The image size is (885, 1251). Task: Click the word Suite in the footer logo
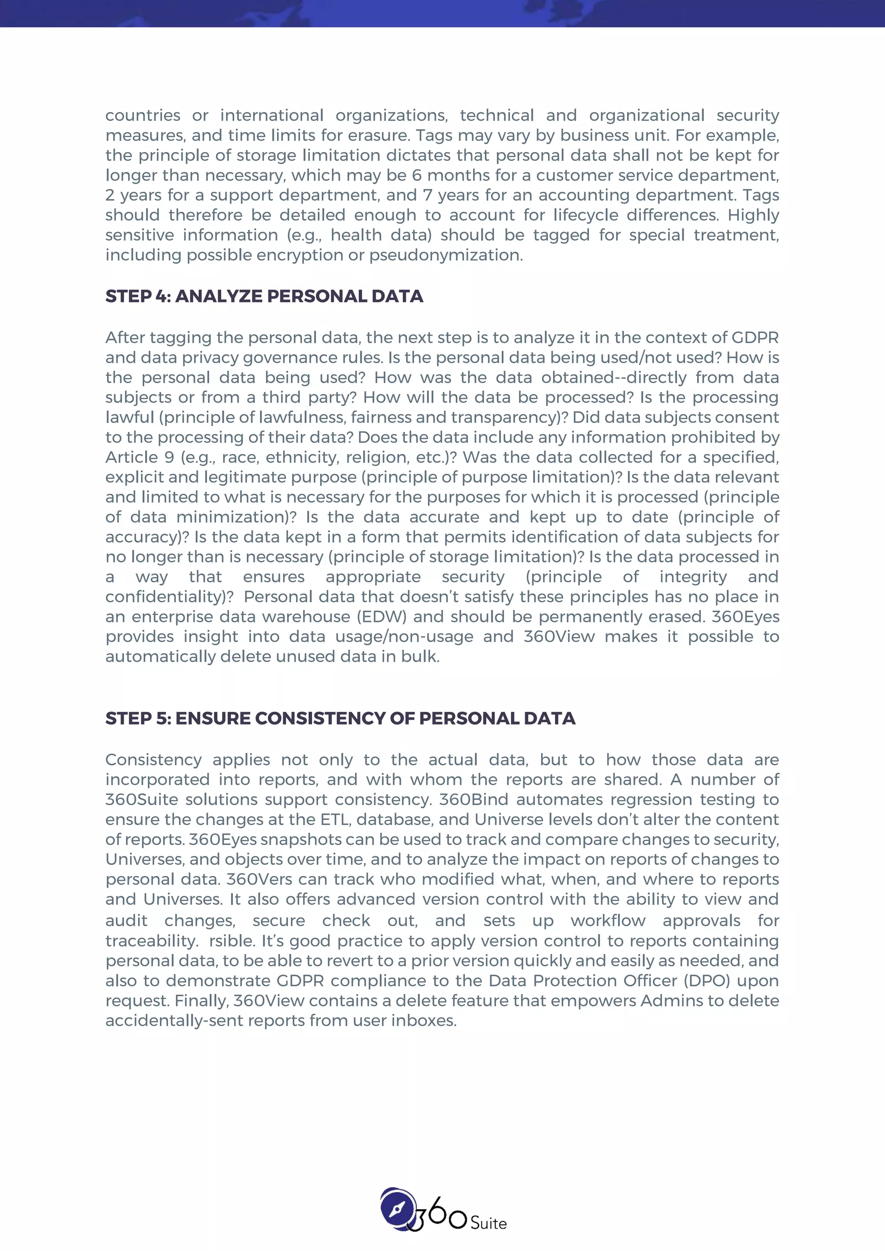(488, 1224)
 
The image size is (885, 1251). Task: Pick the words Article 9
(140, 457)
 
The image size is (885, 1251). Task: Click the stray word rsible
(232, 941)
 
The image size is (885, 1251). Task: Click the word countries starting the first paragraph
(142, 115)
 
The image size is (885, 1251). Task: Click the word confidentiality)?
(169, 597)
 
